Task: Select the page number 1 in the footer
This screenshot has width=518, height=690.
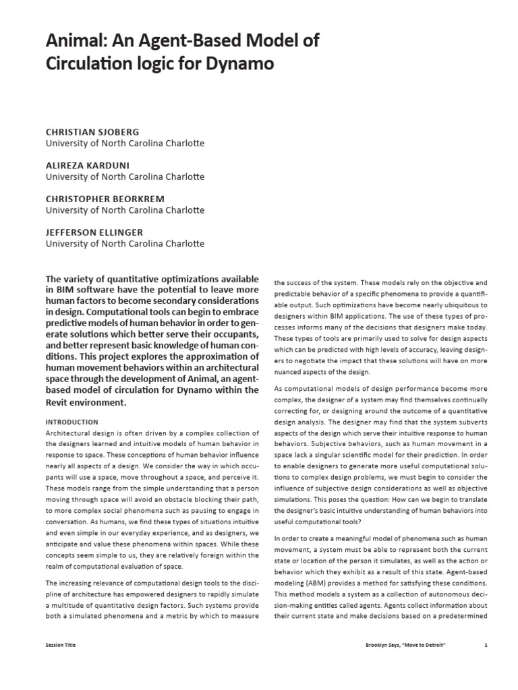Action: click(486, 645)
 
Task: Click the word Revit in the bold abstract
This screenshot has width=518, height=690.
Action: click(59, 402)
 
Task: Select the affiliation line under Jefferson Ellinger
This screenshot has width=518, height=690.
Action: click(124, 243)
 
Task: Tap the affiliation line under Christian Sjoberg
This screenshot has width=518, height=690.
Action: click(124, 144)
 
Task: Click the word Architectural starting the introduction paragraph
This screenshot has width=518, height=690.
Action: click(70, 433)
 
